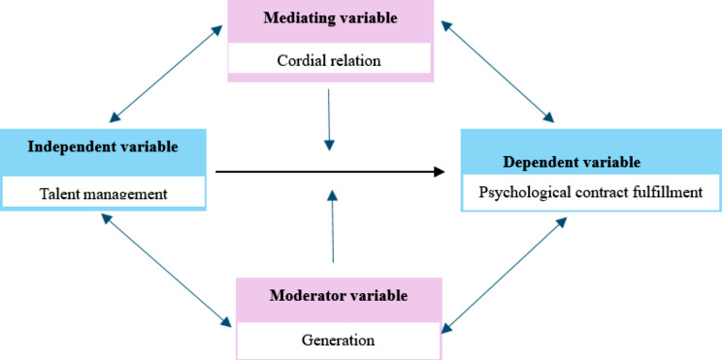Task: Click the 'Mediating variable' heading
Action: (330, 17)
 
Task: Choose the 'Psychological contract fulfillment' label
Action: (590, 193)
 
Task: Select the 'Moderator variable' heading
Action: (339, 295)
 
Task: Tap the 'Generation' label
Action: (339, 340)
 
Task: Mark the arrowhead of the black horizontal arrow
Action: (438, 172)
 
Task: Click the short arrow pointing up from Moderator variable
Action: (333, 228)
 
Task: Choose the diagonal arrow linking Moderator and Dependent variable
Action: (500, 275)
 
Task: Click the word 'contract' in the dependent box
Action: (592, 193)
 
